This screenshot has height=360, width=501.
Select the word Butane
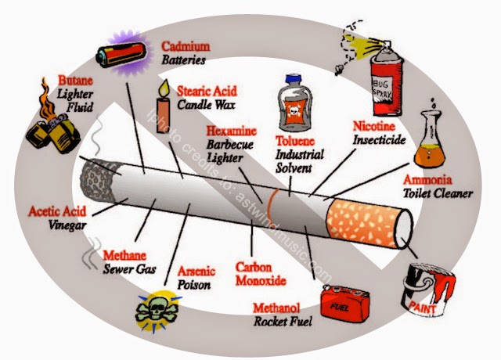click(x=76, y=80)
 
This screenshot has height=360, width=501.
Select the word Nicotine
click(x=375, y=127)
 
